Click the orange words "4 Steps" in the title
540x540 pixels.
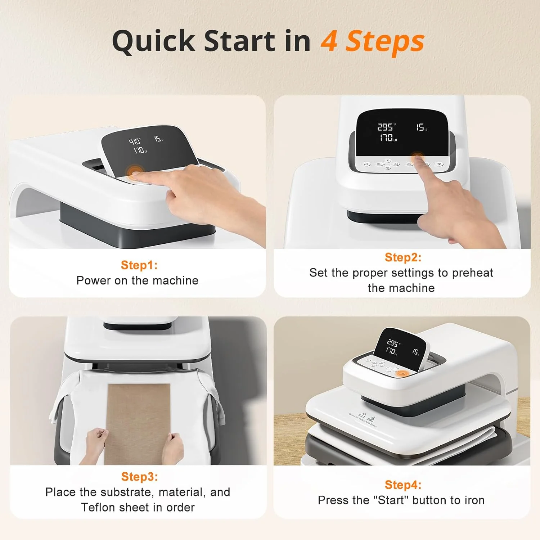(x=372, y=41)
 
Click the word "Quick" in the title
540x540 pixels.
(x=154, y=41)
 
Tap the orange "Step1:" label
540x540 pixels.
(x=139, y=265)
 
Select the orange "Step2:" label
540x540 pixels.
(x=402, y=257)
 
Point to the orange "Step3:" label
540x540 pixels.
(x=139, y=476)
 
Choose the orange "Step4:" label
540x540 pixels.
(x=402, y=485)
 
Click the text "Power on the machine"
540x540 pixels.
(x=137, y=280)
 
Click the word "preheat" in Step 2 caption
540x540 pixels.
(x=472, y=273)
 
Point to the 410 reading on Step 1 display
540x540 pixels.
(x=135, y=141)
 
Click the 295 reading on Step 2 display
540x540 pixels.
(x=385, y=127)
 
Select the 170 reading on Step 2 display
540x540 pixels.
(x=387, y=138)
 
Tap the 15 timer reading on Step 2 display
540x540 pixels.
(x=420, y=127)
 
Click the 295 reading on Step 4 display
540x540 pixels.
(x=392, y=342)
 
